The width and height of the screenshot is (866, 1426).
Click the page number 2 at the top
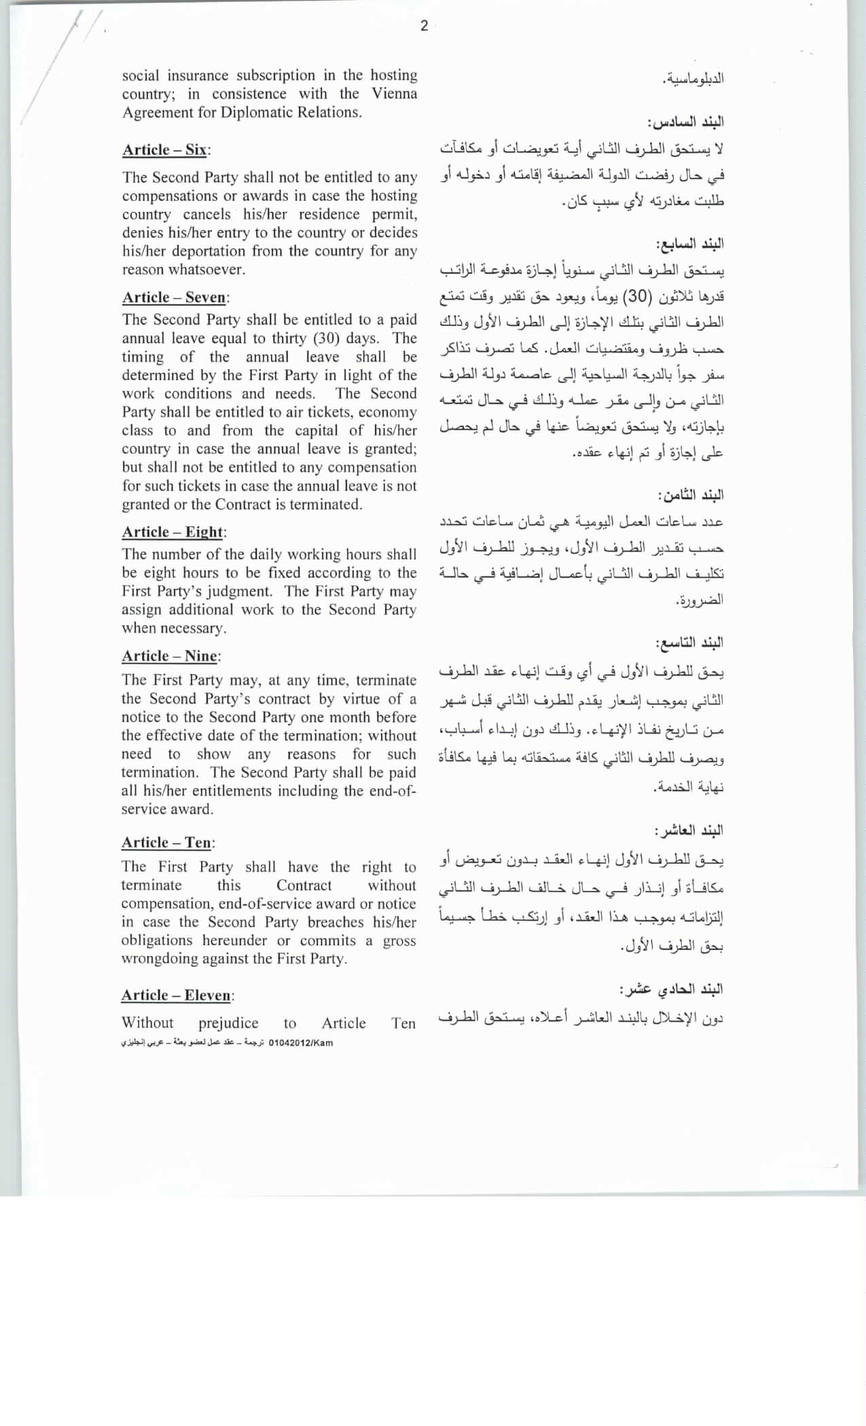[424, 26]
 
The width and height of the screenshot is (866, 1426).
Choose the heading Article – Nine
[170, 656]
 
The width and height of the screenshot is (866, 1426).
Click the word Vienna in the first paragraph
[394, 94]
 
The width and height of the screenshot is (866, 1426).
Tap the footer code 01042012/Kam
[301, 1043]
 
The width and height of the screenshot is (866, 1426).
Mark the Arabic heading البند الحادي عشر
[671, 989]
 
